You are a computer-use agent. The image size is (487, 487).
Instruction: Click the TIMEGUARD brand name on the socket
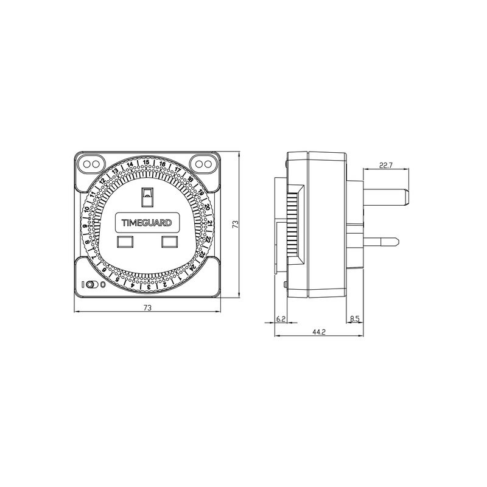pyautogui.click(x=147, y=222)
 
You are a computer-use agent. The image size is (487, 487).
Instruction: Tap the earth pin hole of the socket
pyautogui.click(x=147, y=195)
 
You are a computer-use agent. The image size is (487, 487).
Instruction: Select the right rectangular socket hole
pyautogui.click(x=169, y=242)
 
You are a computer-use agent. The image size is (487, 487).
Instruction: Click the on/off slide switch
pyautogui.click(x=91, y=284)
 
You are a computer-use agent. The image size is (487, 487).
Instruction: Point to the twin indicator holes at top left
pyautogui.click(x=89, y=164)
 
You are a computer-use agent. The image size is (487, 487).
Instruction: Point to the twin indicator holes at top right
pyautogui.click(x=203, y=164)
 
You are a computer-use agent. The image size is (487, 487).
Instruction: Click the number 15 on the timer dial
pyautogui.click(x=147, y=163)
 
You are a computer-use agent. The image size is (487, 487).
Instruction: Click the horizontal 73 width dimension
pyautogui.click(x=147, y=308)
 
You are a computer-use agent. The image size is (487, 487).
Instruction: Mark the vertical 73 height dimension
pyautogui.click(x=234, y=225)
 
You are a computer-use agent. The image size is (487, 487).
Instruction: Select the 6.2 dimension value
pyautogui.click(x=281, y=319)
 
